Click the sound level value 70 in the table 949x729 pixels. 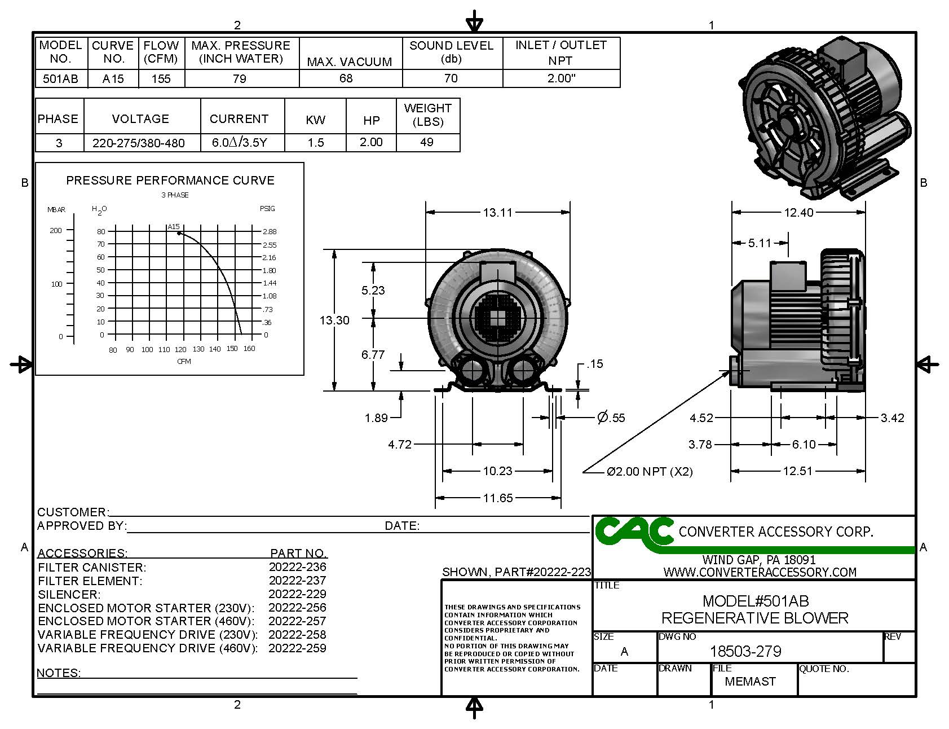(x=451, y=78)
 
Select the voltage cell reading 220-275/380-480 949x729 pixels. (x=139, y=143)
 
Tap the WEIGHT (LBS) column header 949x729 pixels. (x=428, y=115)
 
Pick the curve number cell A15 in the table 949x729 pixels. (x=113, y=79)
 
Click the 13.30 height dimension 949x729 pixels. (x=334, y=320)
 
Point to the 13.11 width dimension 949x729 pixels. (x=497, y=213)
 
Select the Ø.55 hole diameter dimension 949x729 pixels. (x=611, y=418)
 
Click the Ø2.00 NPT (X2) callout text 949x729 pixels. (x=650, y=472)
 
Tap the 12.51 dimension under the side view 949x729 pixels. (x=797, y=471)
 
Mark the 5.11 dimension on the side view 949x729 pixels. (x=760, y=243)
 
